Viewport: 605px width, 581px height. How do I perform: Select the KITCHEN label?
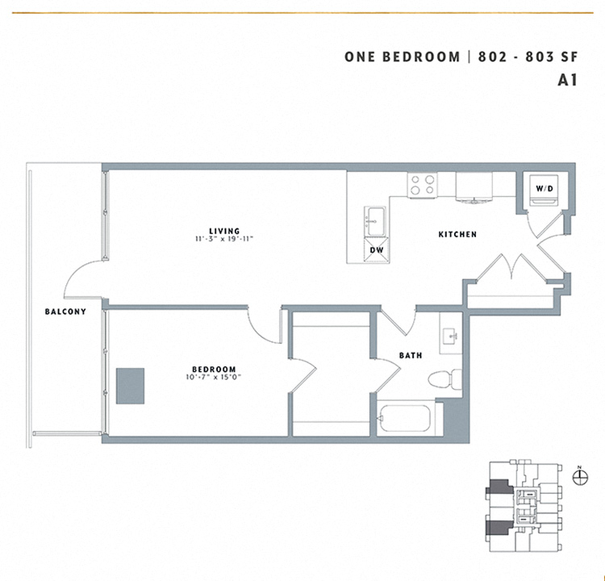[x=457, y=235]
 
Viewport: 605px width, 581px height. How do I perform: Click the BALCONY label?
[x=60, y=311]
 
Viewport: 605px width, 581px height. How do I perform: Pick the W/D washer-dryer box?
[x=544, y=189]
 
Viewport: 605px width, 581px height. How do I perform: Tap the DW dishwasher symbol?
[x=376, y=249]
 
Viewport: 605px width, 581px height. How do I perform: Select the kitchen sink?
[x=375, y=219]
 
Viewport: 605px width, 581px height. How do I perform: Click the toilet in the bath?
[x=443, y=378]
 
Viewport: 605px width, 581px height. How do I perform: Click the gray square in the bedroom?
[x=130, y=386]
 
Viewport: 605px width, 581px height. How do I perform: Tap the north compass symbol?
[x=578, y=476]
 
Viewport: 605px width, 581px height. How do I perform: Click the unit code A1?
[x=569, y=80]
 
